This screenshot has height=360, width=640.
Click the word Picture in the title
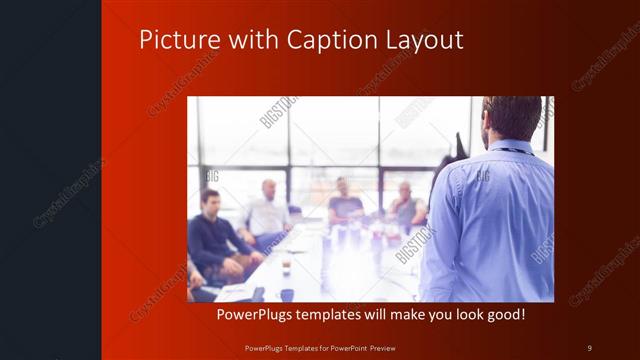coord(175,40)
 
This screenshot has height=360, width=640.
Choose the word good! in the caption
coord(503,315)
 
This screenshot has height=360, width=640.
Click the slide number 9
coord(589,347)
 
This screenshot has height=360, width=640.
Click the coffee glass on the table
coord(286,265)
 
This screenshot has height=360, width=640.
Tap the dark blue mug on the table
coord(287,294)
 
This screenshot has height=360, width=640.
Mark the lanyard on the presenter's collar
coord(510,150)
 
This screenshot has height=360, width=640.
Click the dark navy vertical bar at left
coord(50,180)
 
